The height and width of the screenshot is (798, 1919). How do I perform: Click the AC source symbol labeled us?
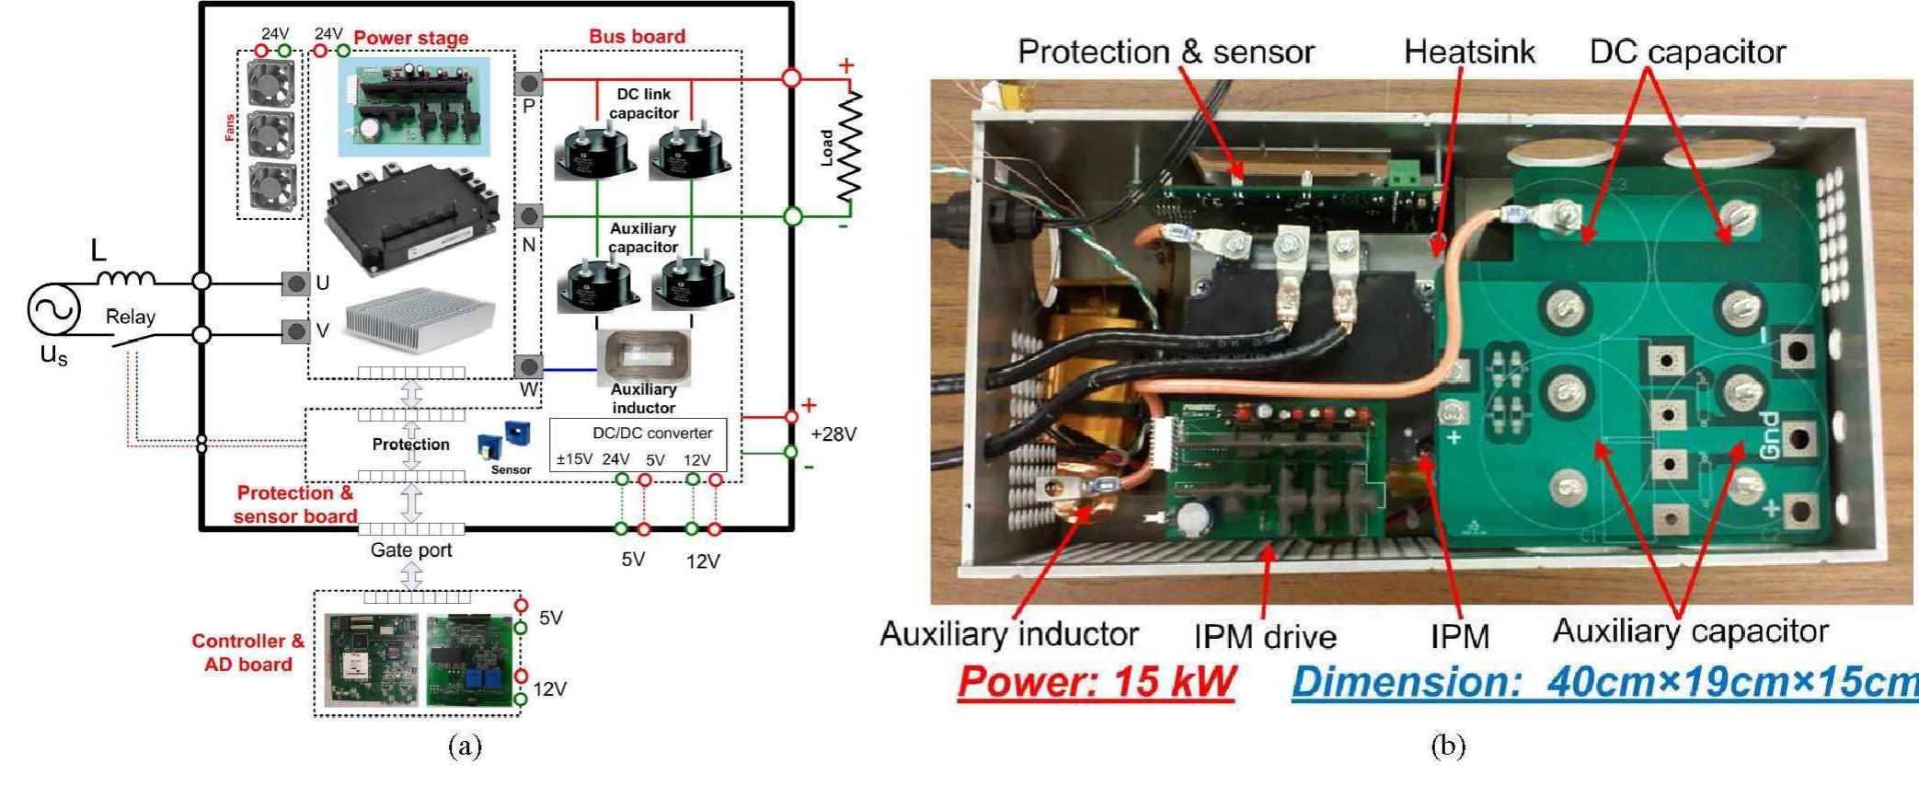(x=53, y=310)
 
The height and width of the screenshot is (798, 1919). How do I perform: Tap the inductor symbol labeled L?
(x=126, y=278)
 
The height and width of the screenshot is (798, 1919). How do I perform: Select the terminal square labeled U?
(x=295, y=283)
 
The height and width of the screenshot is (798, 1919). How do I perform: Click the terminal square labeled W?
(x=528, y=366)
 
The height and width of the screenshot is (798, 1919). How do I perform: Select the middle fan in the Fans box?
(x=271, y=134)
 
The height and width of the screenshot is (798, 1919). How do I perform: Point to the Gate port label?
(x=411, y=550)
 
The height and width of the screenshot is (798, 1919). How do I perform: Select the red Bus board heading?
(x=637, y=36)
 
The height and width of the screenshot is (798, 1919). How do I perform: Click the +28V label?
(x=833, y=434)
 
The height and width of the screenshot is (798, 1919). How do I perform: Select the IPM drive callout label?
(x=1264, y=636)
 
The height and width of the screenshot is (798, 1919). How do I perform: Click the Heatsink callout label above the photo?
(x=1468, y=52)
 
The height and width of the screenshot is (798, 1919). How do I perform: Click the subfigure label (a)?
(x=465, y=746)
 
